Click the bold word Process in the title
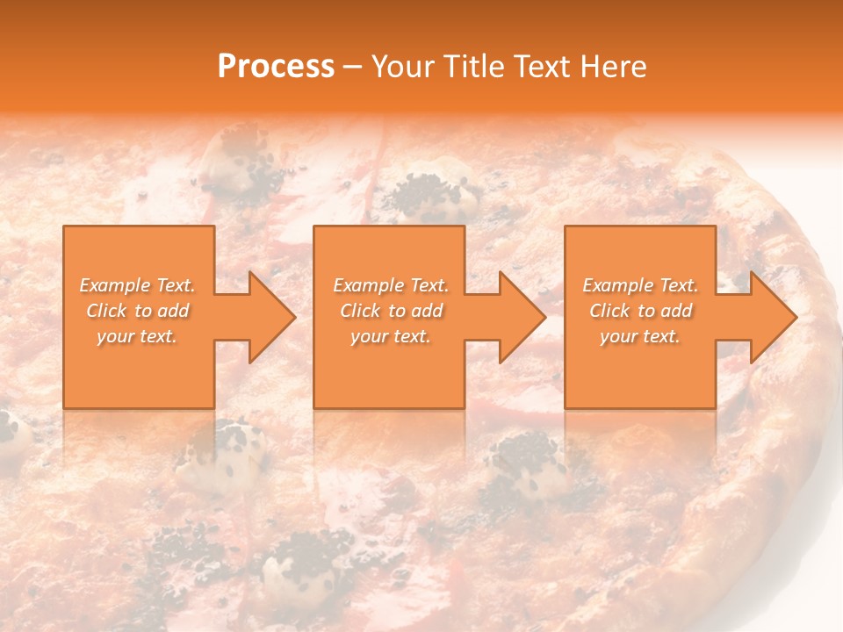coord(276,67)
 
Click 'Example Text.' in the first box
coord(137,285)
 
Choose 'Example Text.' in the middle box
coord(391,285)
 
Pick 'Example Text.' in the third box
coord(640,285)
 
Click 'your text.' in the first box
coord(137,336)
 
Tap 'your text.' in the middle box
coord(391,336)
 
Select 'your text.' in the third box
coord(640,336)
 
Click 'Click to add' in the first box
coord(137,311)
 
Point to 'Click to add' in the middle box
coord(391,311)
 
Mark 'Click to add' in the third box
coord(640,311)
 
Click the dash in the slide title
coord(351,68)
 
